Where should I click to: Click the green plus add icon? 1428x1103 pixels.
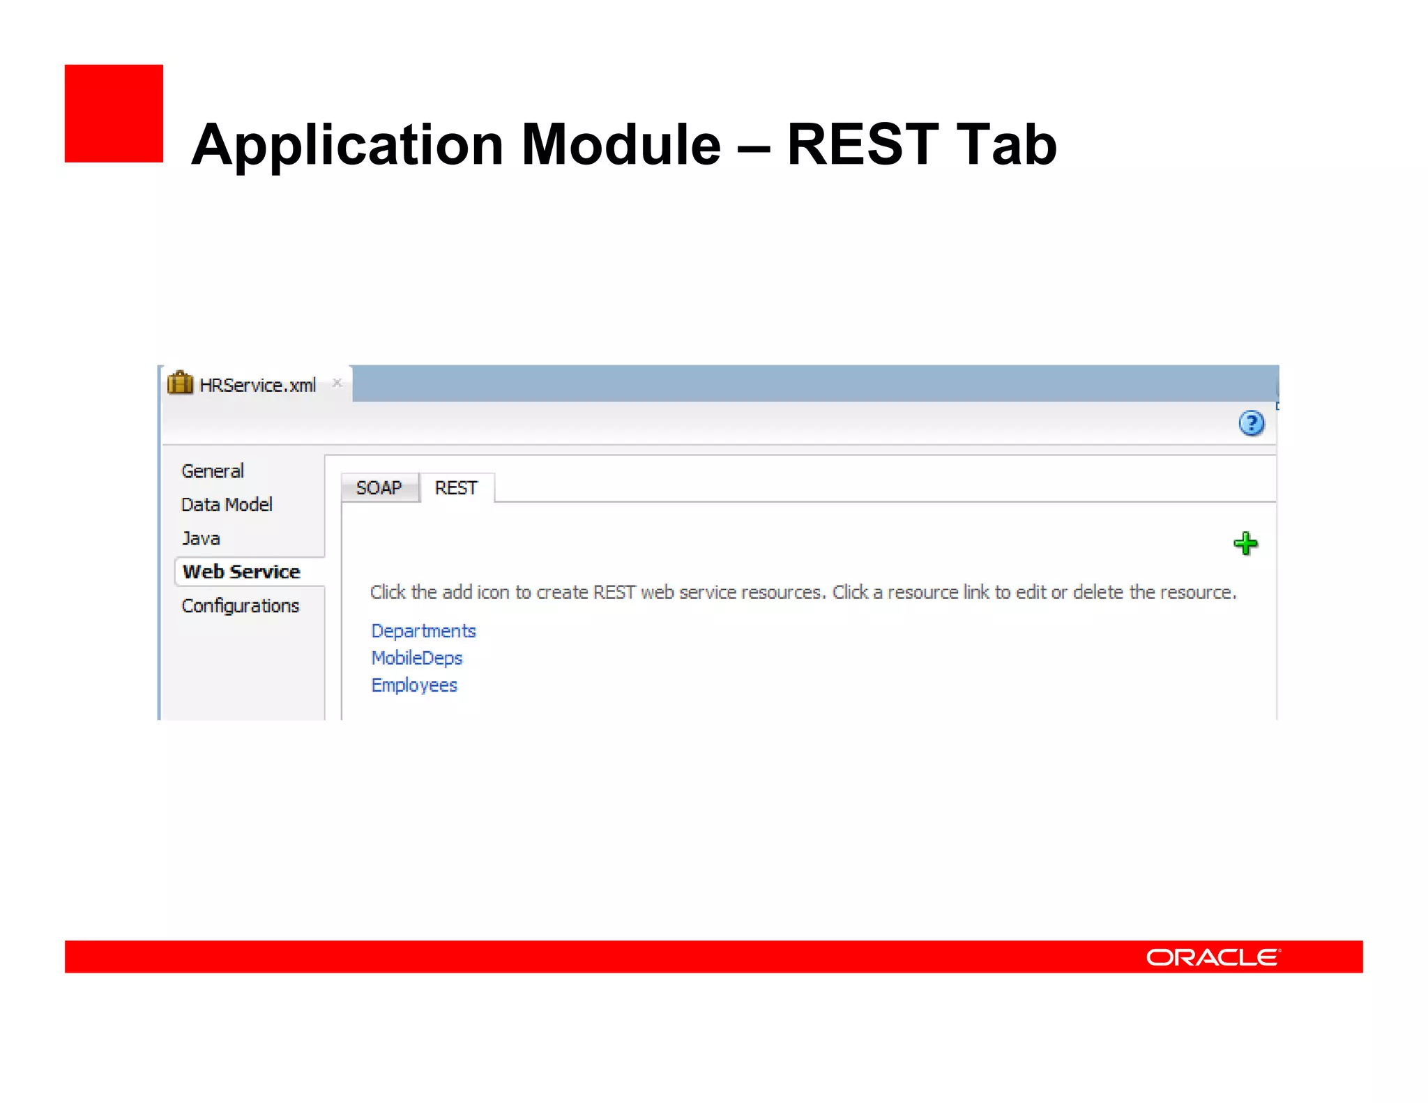click(x=1245, y=544)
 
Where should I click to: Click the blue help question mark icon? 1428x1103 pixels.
click(x=1252, y=423)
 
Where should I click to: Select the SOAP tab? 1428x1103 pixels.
click(x=379, y=487)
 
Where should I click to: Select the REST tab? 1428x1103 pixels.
click(x=456, y=487)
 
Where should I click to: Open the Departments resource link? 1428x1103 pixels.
click(x=423, y=631)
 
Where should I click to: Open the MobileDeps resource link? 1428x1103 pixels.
click(x=417, y=658)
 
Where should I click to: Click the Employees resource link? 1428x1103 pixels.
click(x=414, y=685)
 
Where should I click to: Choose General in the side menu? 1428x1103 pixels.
click(x=213, y=471)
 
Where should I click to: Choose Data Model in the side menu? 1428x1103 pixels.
click(x=227, y=505)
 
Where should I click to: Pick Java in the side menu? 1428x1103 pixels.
click(x=201, y=538)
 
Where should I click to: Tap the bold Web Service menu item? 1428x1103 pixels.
click(x=241, y=572)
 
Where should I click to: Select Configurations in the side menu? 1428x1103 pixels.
click(x=241, y=605)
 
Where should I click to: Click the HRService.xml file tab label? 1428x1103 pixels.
click(x=258, y=386)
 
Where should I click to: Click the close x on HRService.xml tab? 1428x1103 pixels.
click(x=337, y=383)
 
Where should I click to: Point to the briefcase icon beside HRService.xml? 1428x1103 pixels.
click(x=180, y=383)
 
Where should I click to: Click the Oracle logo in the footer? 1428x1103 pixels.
click(x=1213, y=957)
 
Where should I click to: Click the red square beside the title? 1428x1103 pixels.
click(x=114, y=114)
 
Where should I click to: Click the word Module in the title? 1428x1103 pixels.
click(x=621, y=144)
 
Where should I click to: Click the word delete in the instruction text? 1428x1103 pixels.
click(x=1097, y=593)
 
